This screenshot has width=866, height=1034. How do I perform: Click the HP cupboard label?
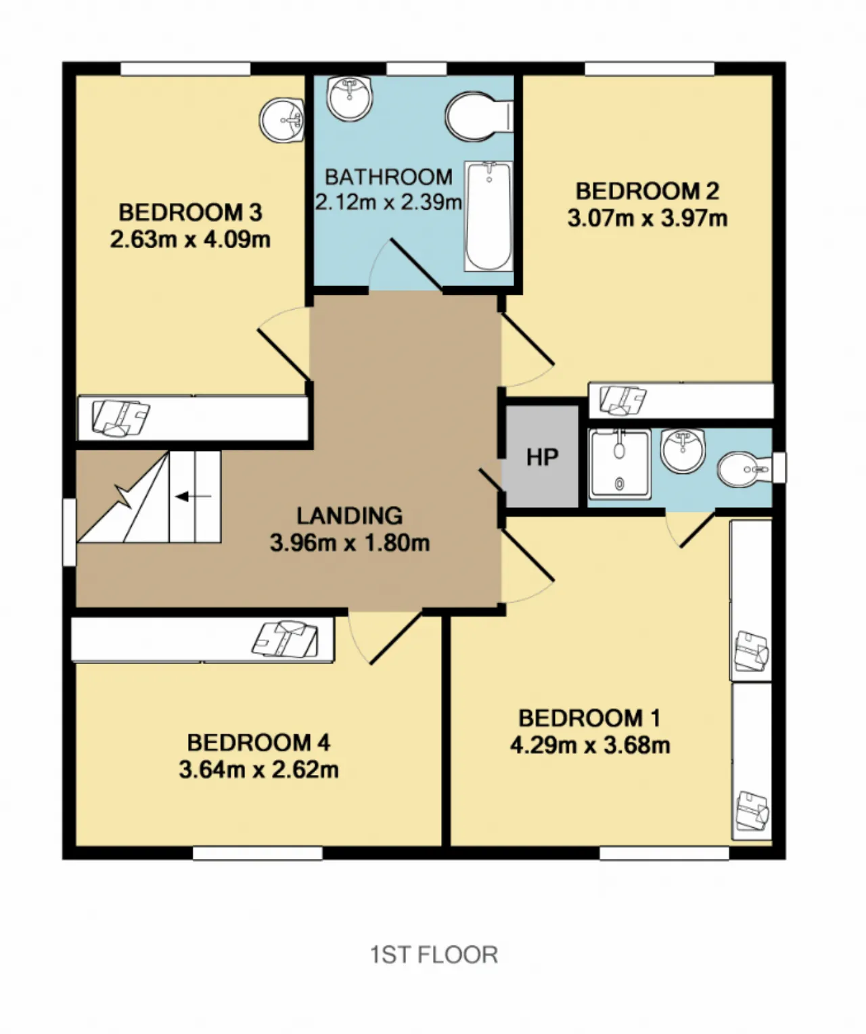pyautogui.click(x=543, y=457)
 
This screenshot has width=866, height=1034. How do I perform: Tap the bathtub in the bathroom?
pyautogui.click(x=488, y=216)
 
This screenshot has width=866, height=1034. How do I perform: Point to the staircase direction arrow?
pyautogui.click(x=193, y=496)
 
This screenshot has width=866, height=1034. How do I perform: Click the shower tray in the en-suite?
pyautogui.click(x=619, y=464)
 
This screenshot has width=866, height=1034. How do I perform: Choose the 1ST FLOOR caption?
pyautogui.click(x=434, y=955)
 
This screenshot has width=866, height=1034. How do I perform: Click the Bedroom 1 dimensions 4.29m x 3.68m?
pyautogui.click(x=590, y=745)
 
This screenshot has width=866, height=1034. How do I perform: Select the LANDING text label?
pyautogui.click(x=350, y=516)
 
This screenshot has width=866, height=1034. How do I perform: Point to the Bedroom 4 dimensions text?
pyautogui.click(x=258, y=770)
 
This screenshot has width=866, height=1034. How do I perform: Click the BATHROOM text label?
pyautogui.click(x=389, y=177)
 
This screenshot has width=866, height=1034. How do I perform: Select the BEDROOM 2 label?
pyautogui.click(x=647, y=191)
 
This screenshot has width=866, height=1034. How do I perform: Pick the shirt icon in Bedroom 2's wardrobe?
pyautogui.click(x=622, y=400)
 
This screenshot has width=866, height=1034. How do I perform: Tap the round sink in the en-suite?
pyautogui.click(x=683, y=451)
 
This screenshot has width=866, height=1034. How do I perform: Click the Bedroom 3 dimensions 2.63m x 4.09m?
pyautogui.click(x=190, y=240)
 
